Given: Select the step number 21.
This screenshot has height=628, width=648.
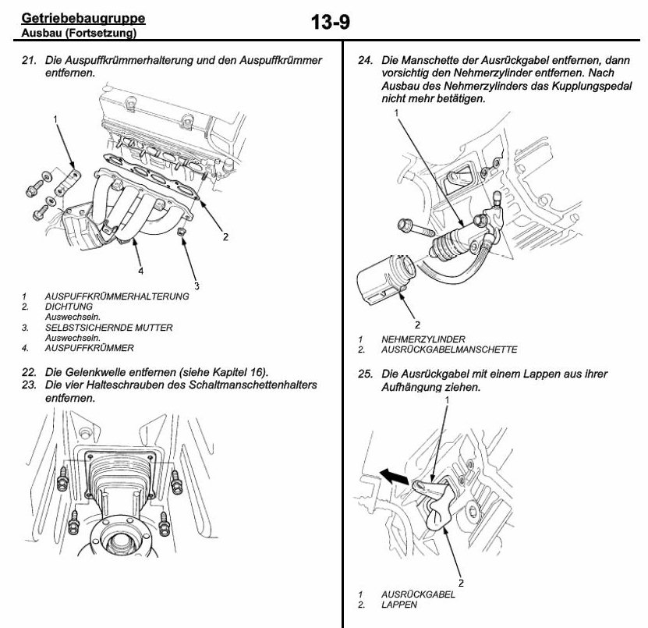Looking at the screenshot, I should click(x=29, y=60).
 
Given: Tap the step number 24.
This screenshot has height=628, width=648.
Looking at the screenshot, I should click(x=362, y=60).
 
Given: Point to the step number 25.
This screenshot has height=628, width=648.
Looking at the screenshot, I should click(x=362, y=374).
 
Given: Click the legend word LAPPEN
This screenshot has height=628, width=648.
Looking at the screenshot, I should click(x=398, y=604).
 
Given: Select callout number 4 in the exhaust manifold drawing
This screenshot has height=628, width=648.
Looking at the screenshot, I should click(x=140, y=271).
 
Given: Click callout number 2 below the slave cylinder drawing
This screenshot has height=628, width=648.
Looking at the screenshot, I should click(x=418, y=325).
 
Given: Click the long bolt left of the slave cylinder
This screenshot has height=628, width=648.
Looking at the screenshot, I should click(x=414, y=230).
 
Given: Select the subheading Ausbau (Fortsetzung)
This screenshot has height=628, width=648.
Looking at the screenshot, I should click(x=77, y=34).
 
